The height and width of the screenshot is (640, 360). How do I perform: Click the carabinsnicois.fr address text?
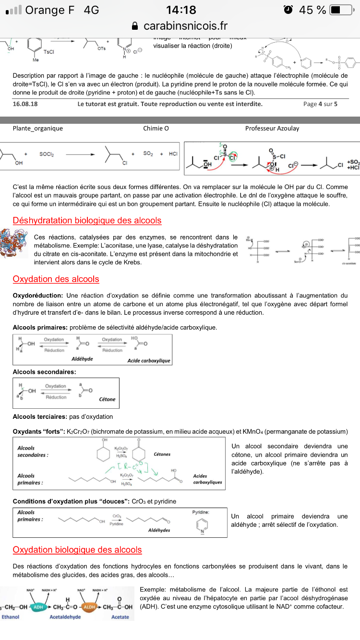(x=185, y=25)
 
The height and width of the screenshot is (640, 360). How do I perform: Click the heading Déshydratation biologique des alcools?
(x=87, y=221)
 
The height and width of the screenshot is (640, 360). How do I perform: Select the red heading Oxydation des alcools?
(x=56, y=279)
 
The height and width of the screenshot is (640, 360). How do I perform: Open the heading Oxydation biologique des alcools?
(x=77, y=550)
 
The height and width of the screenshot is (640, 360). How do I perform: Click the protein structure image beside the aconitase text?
(x=11, y=244)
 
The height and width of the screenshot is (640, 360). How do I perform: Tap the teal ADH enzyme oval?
(x=39, y=606)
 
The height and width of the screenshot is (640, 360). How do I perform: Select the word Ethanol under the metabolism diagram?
(x=11, y=617)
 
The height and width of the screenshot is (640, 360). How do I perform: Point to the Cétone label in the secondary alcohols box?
(x=107, y=399)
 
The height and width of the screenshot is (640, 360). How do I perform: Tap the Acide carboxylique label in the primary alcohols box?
(x=149, y=360)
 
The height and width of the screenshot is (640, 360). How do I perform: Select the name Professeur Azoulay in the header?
(x=272, y=128)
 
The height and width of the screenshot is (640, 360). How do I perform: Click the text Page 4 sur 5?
(x=320, y=104)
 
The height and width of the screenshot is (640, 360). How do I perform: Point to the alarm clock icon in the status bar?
(x=288, y=10)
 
